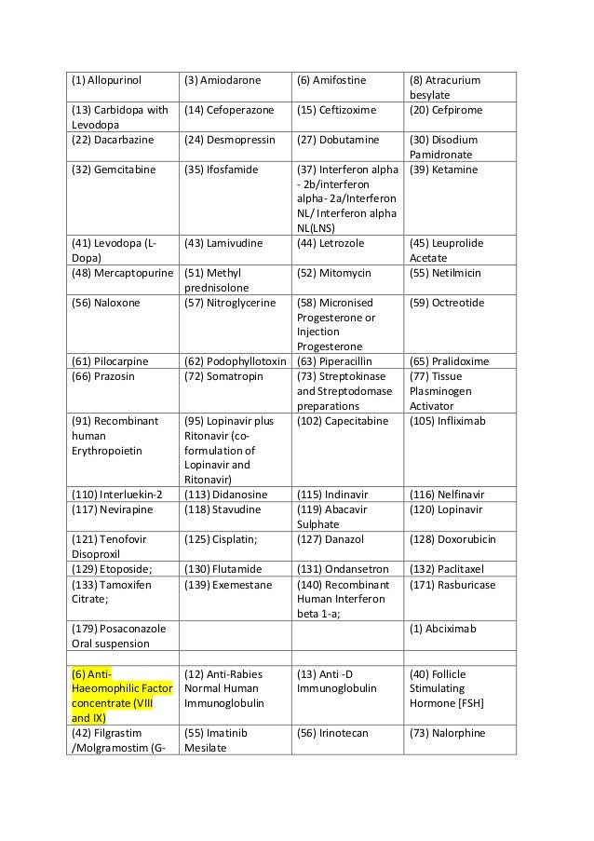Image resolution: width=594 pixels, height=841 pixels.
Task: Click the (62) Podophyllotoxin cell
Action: (234, 361)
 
